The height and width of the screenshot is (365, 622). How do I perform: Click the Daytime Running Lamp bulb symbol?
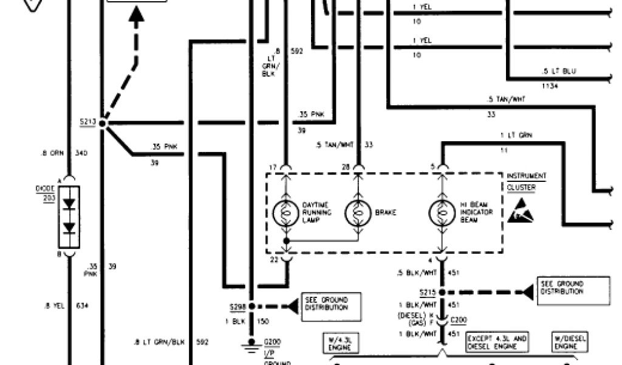[x=285, y=213]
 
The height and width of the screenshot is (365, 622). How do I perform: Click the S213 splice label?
[x=87, y=121]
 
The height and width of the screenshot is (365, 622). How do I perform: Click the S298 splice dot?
[x=251, y=307]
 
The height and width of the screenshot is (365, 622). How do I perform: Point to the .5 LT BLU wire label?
[x=559, y=71]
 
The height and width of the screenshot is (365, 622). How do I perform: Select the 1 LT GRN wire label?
[x=516, y=135]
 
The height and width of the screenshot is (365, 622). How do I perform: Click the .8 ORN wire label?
[x=51, y=153]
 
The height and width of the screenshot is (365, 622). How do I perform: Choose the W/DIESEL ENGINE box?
[x=570, y=342]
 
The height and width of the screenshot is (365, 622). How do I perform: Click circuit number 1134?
[x=552, y=86]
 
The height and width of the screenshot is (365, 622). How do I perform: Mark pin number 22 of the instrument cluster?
[x=272, y=260]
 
